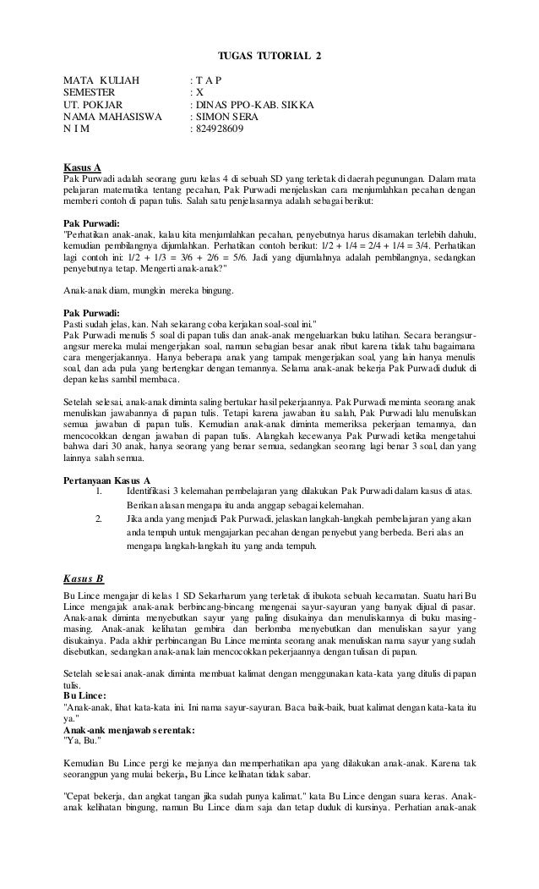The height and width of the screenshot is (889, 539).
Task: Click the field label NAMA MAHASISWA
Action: pos(112,118)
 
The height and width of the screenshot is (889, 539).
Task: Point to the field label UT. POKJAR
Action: pos(94,106)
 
